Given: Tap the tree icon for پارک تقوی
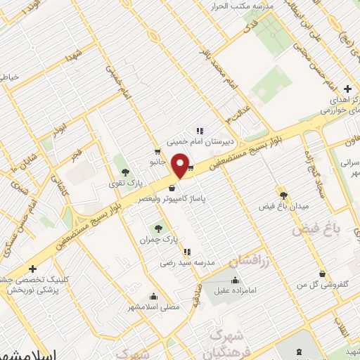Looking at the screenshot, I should click(125, 172).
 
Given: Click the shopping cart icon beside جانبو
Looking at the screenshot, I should click(157, 151).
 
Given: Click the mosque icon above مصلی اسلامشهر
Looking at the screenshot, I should click(154, 296).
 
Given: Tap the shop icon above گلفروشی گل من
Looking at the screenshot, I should click(322, 274).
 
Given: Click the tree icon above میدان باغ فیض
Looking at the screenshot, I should click(283, 196).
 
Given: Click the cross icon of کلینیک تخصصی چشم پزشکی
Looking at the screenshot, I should click(32, 269).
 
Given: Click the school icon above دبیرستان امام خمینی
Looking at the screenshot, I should click(200, 129).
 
